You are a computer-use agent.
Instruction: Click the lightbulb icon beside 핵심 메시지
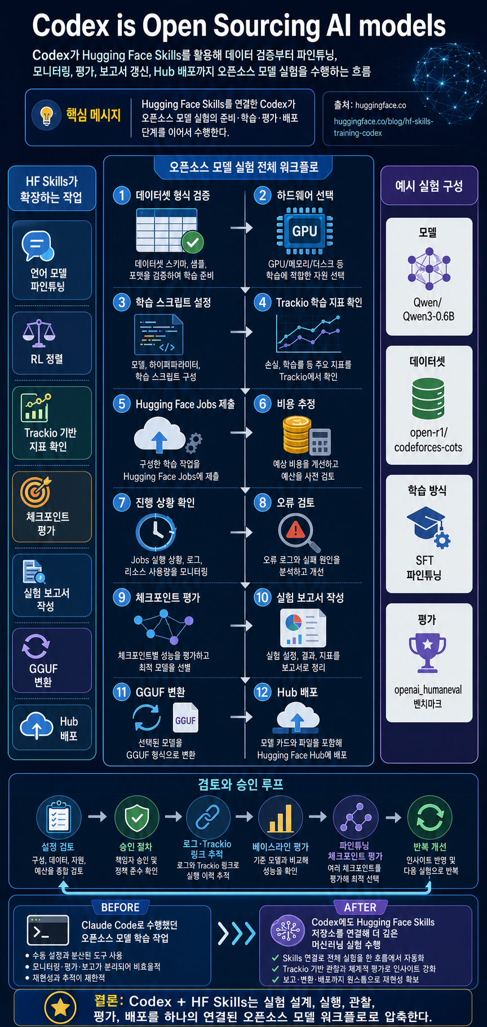pyautogui.click(x=47, y=115)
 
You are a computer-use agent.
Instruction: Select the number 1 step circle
pyautogui.click(x=122, y=195)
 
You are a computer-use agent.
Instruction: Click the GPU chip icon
pyautogui.click(x=304, y=231)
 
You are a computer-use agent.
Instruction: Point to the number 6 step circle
pyautogui.click(x=262, y=404)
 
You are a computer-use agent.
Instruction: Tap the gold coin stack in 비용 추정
pyautogui.click(x=296, y=434)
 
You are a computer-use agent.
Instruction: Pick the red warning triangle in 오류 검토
pyautogui.click(x=295, y=530)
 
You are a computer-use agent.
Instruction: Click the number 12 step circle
pyautogui.click(x=262, y=691)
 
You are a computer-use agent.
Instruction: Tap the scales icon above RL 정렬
pyautogui.click(x=39, y=333)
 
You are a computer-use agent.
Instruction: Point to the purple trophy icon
pyautogui.click(x=427, y=653)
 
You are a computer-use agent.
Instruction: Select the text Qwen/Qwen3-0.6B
pyautogui.click(x=428, y=309)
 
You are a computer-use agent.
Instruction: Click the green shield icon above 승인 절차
pyautogui.click(x=136, y=817)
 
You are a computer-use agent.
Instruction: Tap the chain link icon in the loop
pyautogui.click(x=207, y=817)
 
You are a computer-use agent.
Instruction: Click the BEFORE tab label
pyautogui.click(x=120, y=907)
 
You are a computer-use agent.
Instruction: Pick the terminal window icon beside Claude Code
pyautogui.click(x=48, y=929)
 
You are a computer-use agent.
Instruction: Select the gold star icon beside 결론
pyautogui.click(x=61, y=1008)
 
